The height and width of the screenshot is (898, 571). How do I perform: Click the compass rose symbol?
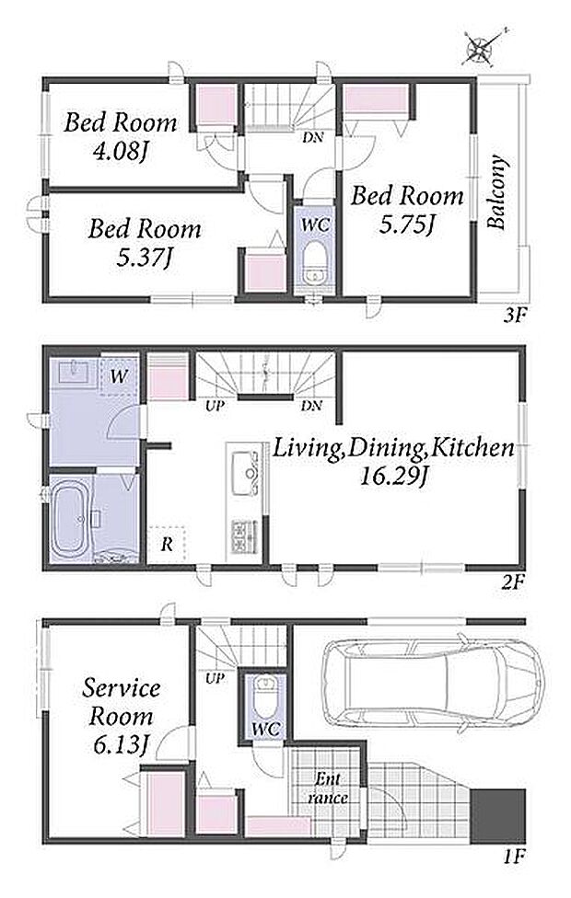pyautogui.click(x=480, y=47)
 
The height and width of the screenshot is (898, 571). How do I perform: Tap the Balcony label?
pyautogui.click(x=497, y=192)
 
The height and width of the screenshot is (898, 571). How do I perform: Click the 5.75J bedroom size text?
pyautogui.click(x=406, y=225)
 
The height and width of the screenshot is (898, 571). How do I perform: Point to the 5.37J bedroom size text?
pyautogui.click(x=144, y=259)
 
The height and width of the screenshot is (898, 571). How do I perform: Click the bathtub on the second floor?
pyautogui.click(x=70, y=521)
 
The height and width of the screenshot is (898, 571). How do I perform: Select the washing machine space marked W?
pyautogui.click(x=119, y=375)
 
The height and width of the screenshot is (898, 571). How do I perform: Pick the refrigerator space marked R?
pyautogui.click(x=167, y=544)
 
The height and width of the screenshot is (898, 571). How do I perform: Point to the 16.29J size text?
pyautogui.click(x=393, y=477)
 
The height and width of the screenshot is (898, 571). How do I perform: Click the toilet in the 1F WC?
pyautogui.click(x=265, y=697)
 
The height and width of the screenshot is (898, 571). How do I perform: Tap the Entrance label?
pyautogui.click(x=328, y=788)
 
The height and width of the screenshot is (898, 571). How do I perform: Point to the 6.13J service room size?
pyautogui.click(x=120, y=745)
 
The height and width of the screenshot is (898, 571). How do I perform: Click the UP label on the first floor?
pyautogui.click(x=215, y=679)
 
